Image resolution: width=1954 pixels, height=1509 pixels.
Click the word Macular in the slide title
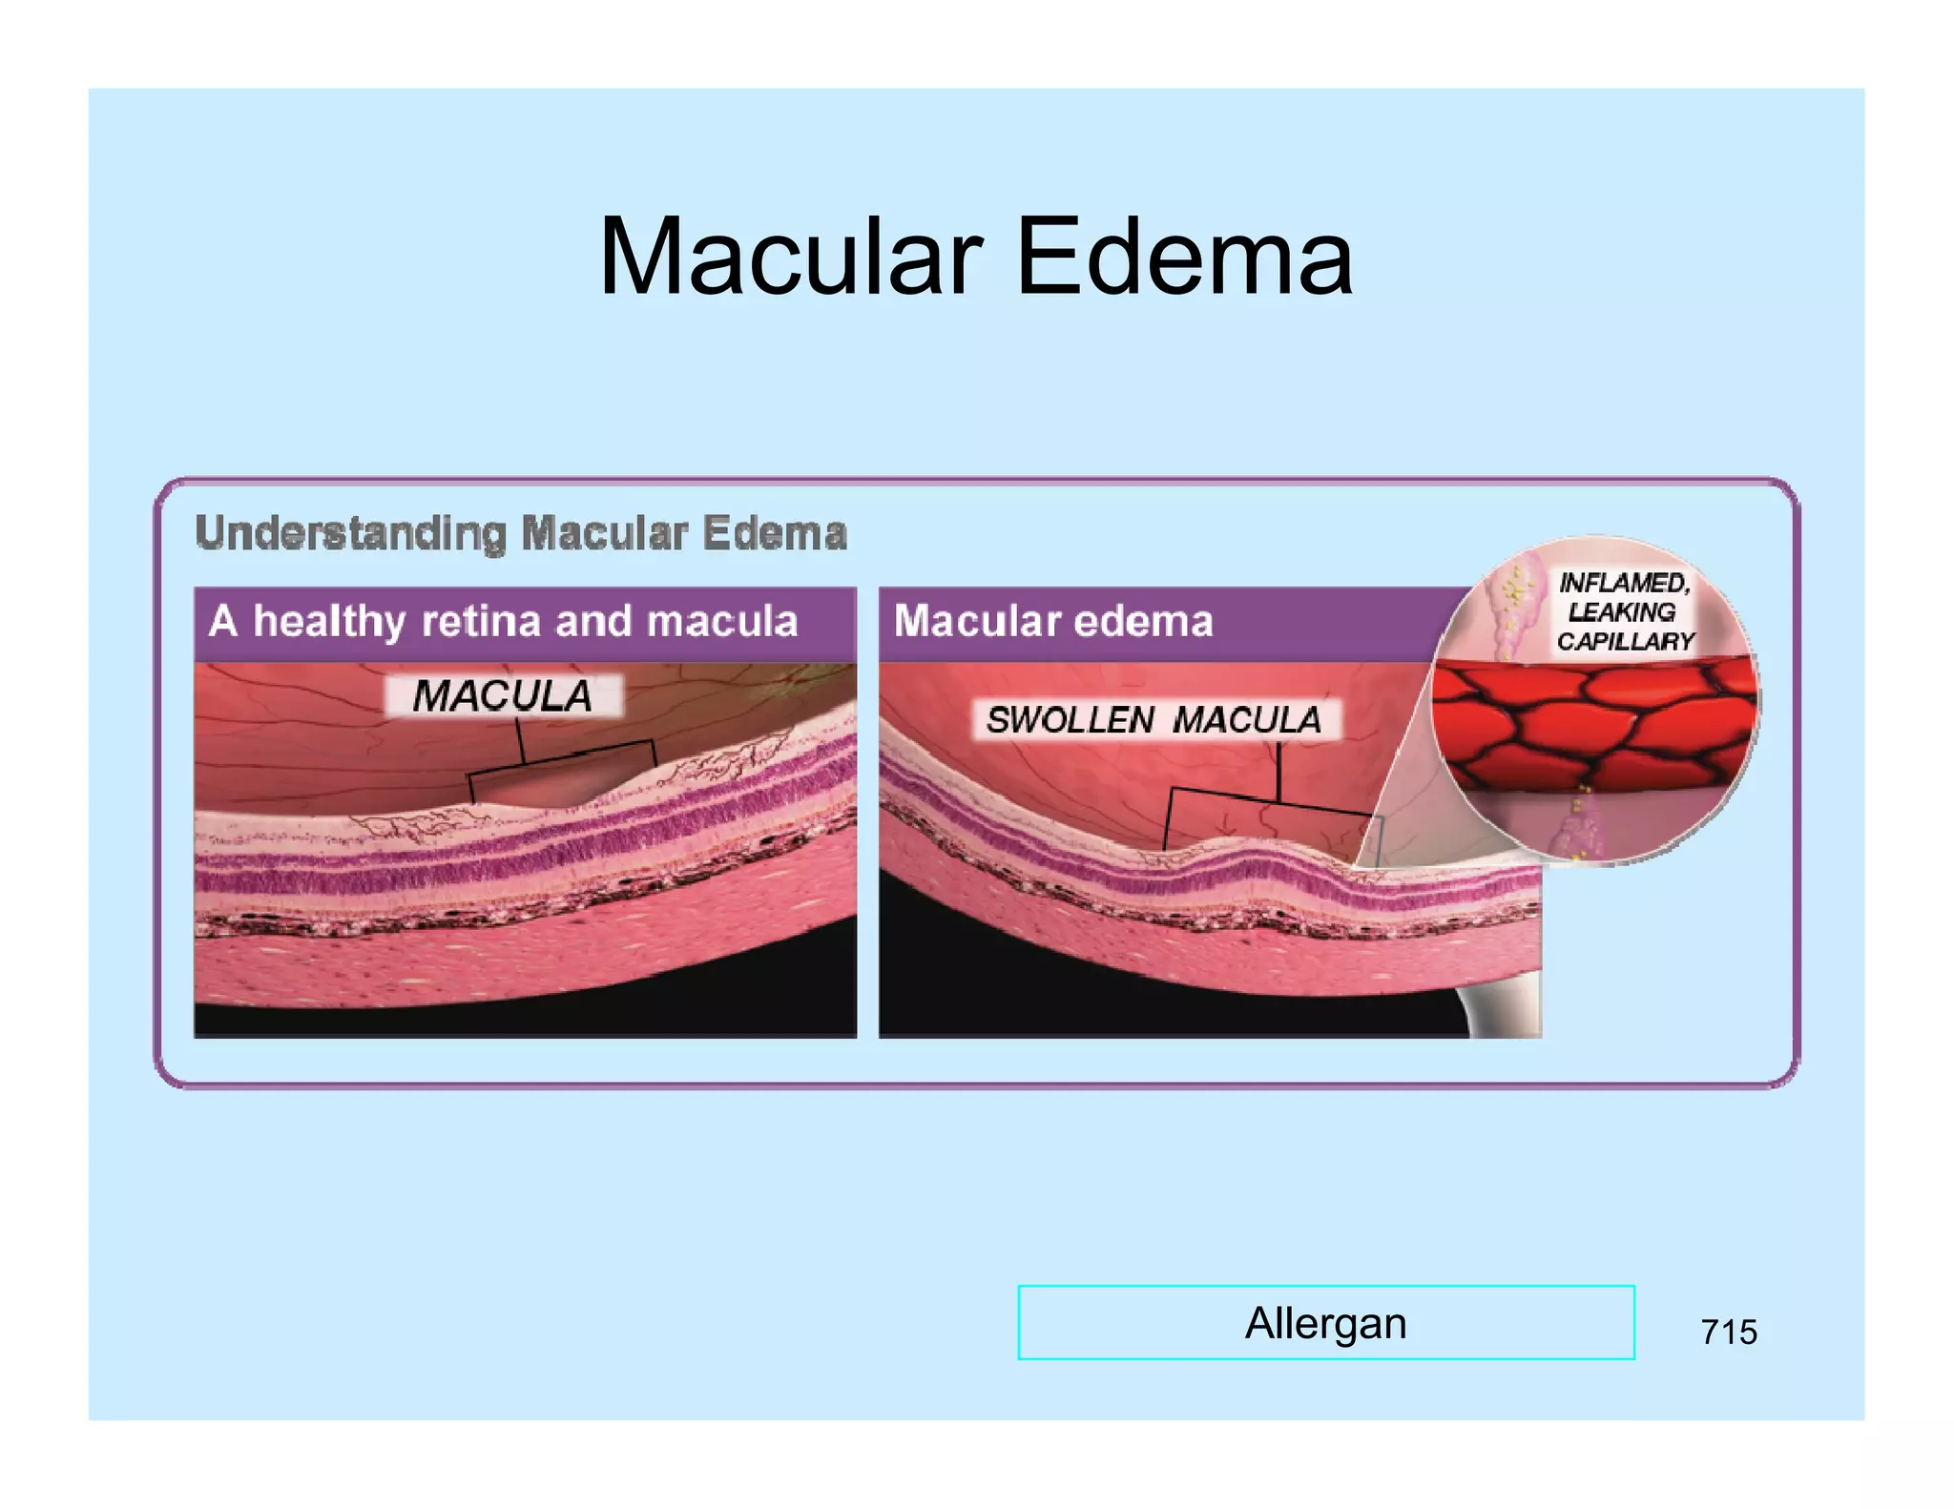tap(790, 258)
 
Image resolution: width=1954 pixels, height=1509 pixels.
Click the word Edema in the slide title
tap(1184, 258)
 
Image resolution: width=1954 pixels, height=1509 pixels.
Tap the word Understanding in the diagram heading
tap(350, 533)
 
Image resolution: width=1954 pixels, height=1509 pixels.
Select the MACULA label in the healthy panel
tap(503, 696)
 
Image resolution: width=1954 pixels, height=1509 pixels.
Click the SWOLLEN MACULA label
tap(1154, 720)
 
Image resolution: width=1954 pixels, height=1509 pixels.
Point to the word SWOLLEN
tap(1071, 720)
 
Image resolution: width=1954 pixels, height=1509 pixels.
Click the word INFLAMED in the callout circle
tap(1623, 582)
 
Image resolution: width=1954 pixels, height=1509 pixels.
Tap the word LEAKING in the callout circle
tap(1621, 611)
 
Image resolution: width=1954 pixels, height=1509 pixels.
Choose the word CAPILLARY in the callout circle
tap(1625, 641)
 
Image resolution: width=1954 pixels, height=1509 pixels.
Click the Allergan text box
tap(1325, 1323)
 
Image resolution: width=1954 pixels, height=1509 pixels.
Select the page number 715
tap(1728, 1332)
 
